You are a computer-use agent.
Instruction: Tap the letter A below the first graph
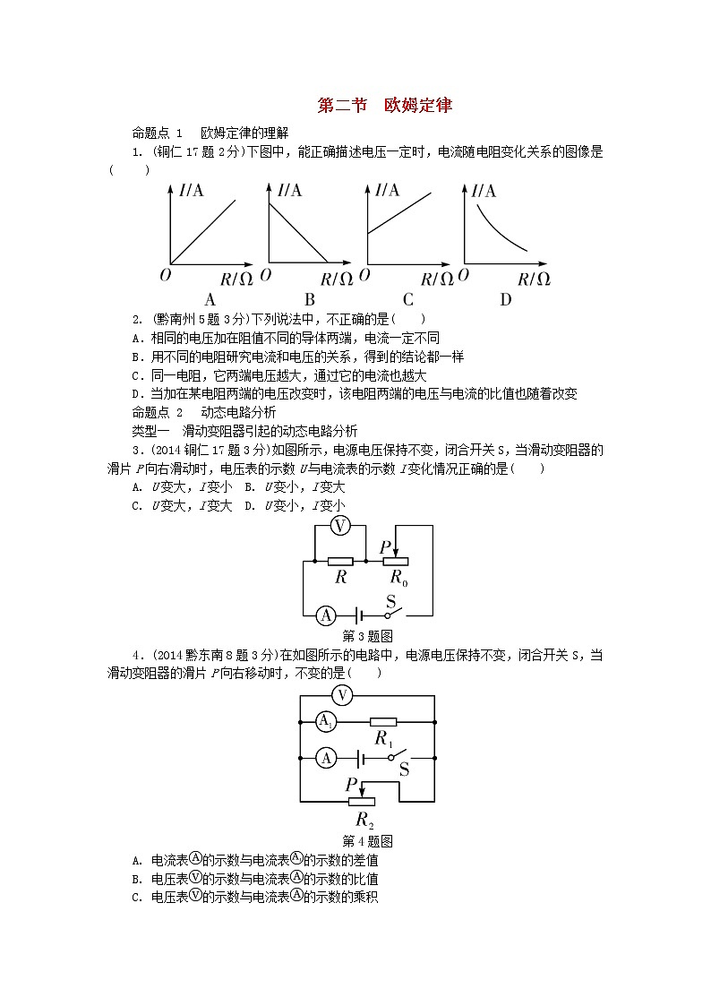tap(210, 300)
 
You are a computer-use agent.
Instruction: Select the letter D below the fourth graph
tap(505, 300)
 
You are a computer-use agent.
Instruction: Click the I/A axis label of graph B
tap(289, 189)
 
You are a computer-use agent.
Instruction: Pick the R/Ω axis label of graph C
tap(438, 279)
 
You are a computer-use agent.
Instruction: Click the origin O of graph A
tap(165, 275)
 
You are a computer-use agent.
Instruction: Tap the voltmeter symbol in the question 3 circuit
tap(340, 527)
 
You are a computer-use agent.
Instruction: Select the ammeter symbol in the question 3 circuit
tap(327, 615)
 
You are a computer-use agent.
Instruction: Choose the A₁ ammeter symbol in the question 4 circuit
tap(327, 721)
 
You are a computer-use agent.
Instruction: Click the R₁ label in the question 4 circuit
tap(384, 739)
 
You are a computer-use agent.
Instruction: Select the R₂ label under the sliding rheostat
tap(364, 820)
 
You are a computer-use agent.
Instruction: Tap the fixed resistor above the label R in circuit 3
tap(340, 562)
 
